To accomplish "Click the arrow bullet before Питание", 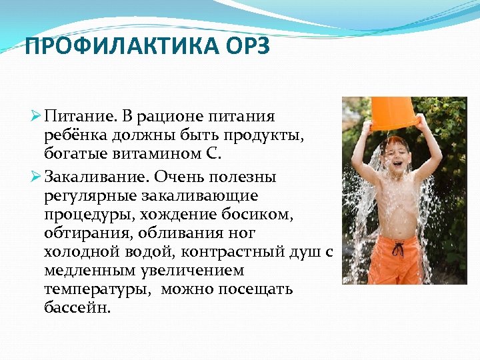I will pyautogui.click(x=37, y=117).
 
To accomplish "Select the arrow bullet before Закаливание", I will pyautogui.click(x=37, y=178).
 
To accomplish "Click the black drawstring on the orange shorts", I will pyautogui.click(x=398, y=250).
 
